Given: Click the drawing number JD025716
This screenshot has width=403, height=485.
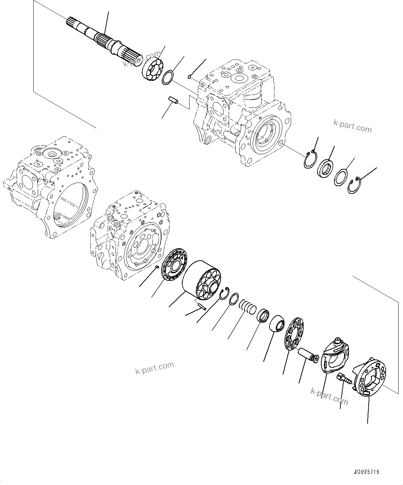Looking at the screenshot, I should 367,472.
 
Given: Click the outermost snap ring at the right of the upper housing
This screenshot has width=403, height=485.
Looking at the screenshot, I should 354,185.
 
